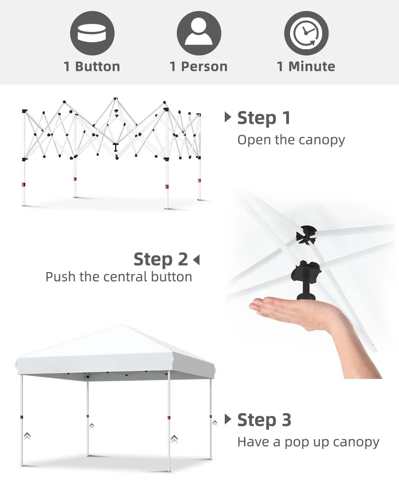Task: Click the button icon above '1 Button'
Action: (x=92, y=33)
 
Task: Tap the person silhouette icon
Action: (x=199, y=33)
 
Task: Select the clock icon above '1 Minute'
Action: (x=306, y=33)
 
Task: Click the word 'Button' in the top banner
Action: (x=98, y=67)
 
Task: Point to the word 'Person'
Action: (x=204, y=67)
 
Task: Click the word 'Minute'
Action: (x=312, y=67)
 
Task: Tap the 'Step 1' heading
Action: (x=264, y=118)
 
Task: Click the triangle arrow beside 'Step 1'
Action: (x=228, y=117)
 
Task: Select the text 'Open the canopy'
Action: (x=291, y=140)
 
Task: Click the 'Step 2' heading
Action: (x=161, y=259)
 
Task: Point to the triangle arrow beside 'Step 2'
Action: (x=197, y=260)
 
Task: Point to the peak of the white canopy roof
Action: (x=122, y=325)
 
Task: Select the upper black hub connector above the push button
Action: (x=306, y=235)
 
